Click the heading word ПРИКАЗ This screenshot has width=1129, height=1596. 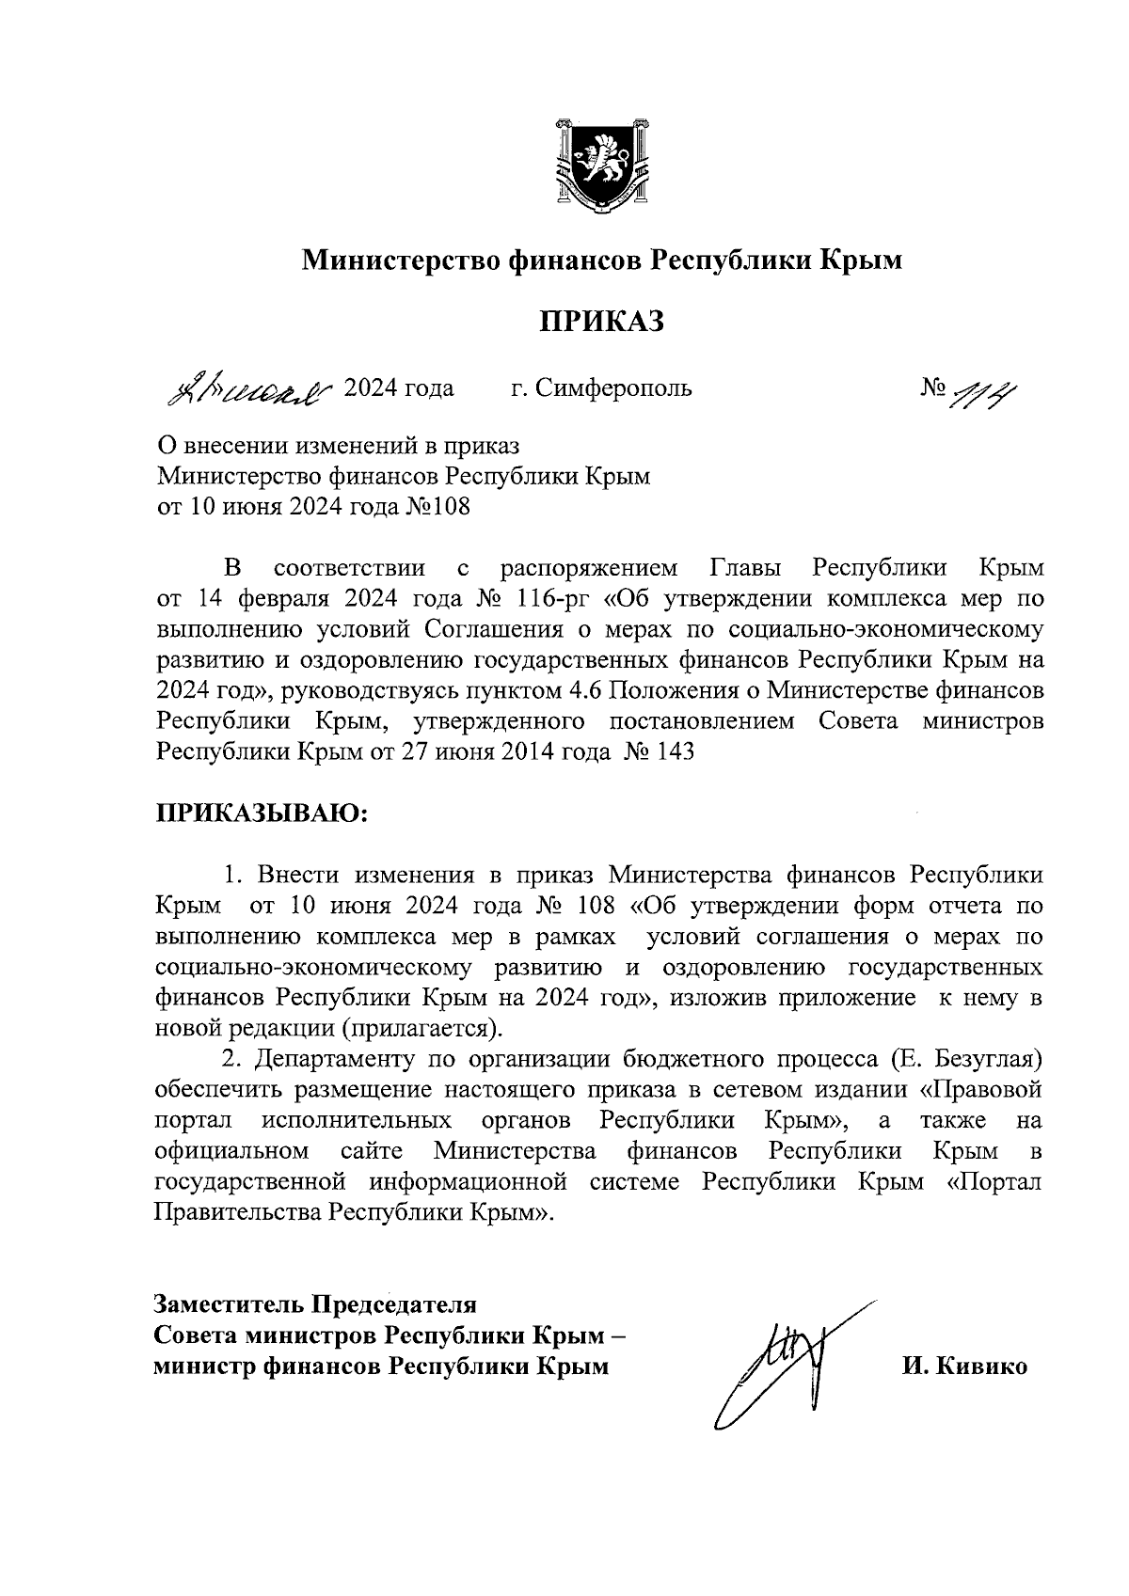(x=601, y=323)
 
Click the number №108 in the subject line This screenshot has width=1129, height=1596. (x=437, y=507)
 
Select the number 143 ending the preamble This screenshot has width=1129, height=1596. (x=673, y=752)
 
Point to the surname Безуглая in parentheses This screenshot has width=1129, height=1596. (x=988, y=1060)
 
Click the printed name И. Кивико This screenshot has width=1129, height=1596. (x=963, y=1367)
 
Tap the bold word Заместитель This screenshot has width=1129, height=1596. (x=229, y=1305)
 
